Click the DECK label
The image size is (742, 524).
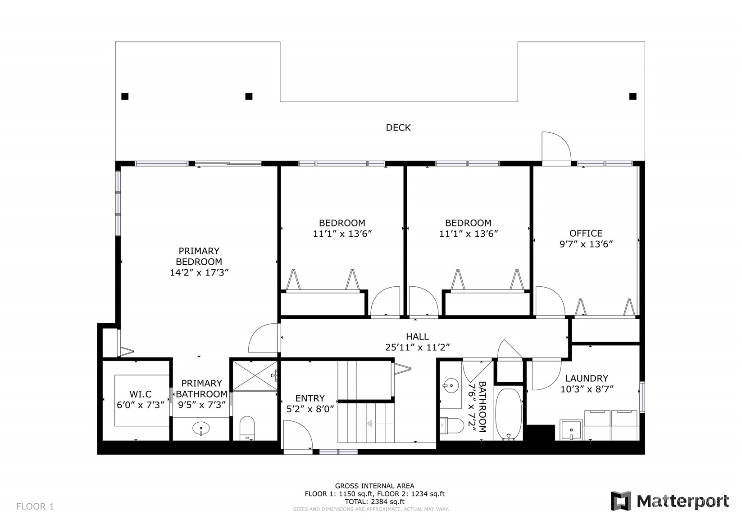[398, 127]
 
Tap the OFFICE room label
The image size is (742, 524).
[586, 233]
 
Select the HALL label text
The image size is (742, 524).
[417, 337]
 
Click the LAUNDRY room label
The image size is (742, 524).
[587, 378]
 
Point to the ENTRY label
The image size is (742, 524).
[310, 398]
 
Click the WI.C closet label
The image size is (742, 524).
[141, 394]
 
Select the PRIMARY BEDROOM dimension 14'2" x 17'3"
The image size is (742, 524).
[199, 273]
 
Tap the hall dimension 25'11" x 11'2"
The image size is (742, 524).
[417, 348]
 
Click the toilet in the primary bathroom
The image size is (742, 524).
[247, 428]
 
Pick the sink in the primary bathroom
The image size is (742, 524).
[201, 429]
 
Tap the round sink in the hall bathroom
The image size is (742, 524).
[451, 385]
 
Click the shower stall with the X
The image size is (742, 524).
[255, 376]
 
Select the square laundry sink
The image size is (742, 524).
[571, 430]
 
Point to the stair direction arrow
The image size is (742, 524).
[380, 423]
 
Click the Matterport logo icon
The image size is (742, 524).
[621, 501]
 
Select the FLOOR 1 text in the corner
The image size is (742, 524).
[35, 506]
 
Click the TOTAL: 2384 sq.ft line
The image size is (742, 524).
[375, 501]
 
